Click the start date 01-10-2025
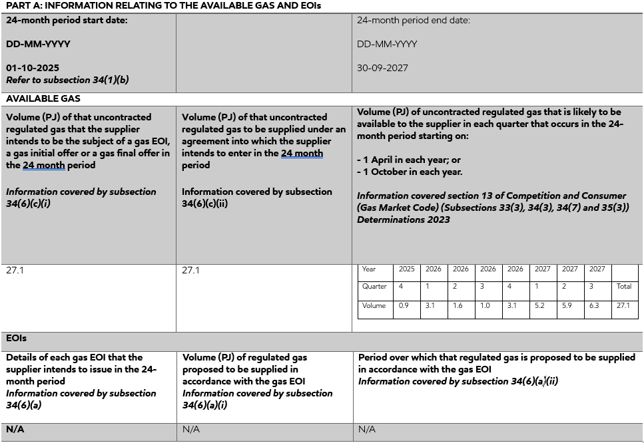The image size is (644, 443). point(33,68)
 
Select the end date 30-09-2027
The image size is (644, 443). point(382,68)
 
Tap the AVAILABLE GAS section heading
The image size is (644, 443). point(43,98)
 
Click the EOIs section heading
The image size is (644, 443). point(16,339)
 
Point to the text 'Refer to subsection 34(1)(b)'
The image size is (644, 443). point(67,80)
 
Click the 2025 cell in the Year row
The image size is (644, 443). point(406,269)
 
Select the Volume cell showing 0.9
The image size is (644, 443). point(404,306)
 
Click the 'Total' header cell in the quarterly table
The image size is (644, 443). point(624,287)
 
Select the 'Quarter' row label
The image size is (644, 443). point(374,287)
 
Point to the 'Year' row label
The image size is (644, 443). point(369,269)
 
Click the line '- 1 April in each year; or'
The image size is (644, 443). point(408,160)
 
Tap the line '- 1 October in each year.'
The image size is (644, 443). point(410,172)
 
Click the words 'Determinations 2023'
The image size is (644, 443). point(403,220)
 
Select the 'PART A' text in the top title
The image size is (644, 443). point(22,5)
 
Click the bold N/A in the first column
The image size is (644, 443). point(15,429)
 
